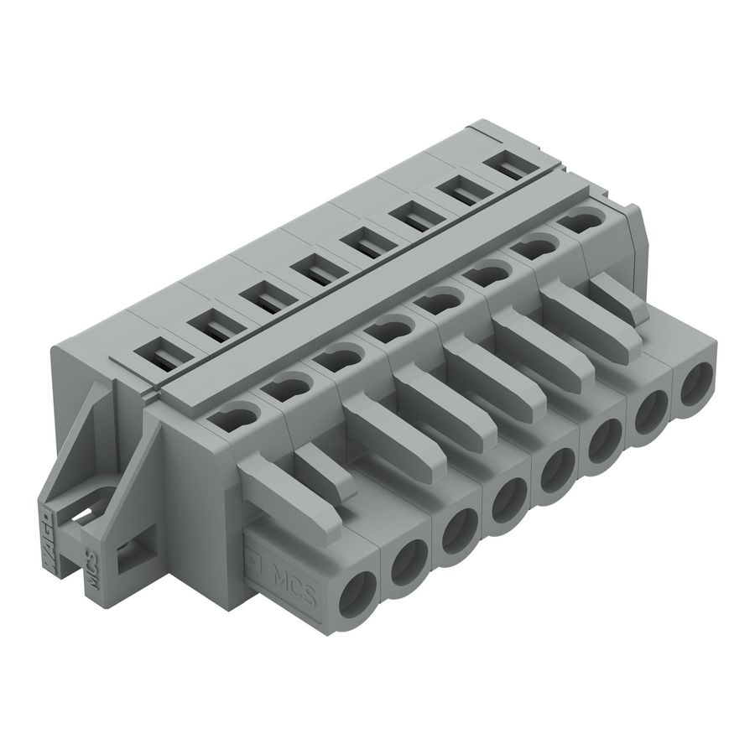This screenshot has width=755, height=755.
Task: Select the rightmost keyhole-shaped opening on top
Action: (578, 221)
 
